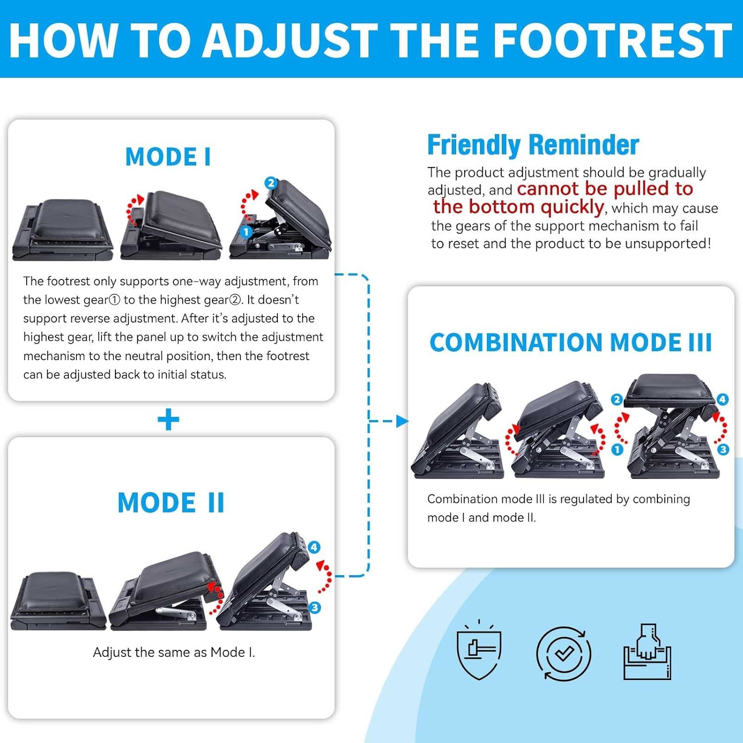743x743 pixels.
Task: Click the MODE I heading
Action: [x=168, y=157]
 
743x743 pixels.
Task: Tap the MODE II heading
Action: [x=171, y=503]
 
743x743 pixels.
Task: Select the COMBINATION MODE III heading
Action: [x=571, y=342]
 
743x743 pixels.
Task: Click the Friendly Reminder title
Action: [x=533, y=145]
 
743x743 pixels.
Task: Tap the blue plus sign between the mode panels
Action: [x=168, y=420]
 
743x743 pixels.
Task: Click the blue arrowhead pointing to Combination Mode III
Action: [x=403, y=421]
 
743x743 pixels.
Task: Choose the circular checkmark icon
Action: [x=564, y=653]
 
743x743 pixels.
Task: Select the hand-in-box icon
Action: [x=647, y=651]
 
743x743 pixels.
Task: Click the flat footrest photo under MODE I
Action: [x=63, y=229]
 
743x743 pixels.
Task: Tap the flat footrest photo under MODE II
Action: [x=58, y=601]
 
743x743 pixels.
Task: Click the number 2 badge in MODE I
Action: [x=270, y=183]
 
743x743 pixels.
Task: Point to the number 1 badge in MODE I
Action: [x=246, y=231]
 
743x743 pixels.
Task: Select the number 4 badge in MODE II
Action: [x=314, y=547]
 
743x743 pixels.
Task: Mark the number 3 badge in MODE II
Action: [x=315, y=607]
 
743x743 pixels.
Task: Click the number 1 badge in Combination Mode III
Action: [x=617, y=450]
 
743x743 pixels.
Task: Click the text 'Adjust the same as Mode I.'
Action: [x=174, y=652]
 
